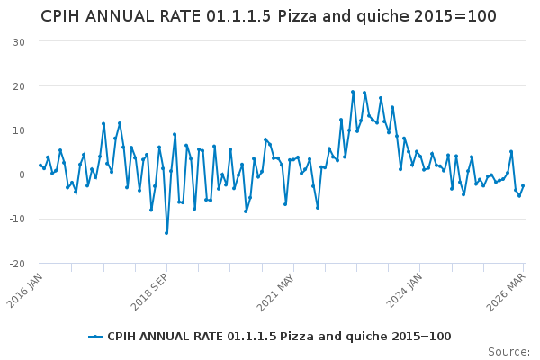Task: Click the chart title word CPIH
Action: pyautogui.click(x=64, y=16)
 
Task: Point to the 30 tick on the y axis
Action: pyautogui.click(x=18, y=42)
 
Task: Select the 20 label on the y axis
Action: pyautogui.click(x=18, y=86)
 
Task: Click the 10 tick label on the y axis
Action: pyautogui.click(x=18, y=130)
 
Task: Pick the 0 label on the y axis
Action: pyautogui.click(x=21, y=175)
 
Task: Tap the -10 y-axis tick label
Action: pyautogui.click(x=16, y=219)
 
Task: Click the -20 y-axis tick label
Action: pyautogui.click(x=16, y=264)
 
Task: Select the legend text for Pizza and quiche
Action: pyautogui.click(x=279, y=337)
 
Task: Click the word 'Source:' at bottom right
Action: pyautogui.click(x=508, y=352)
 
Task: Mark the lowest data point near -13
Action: pyautogui.click(x=166, y=233)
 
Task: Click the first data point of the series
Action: pyautogui.click(x=40, y=166)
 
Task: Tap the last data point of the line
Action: pyautogui.click(x=523, y=186)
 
